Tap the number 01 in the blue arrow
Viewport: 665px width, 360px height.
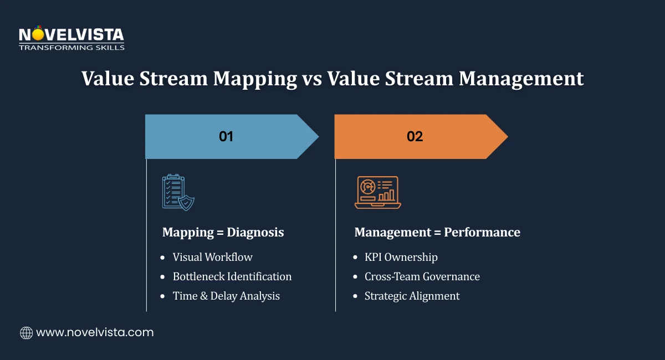(x=226, y=136)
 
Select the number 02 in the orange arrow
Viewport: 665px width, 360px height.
(x=415, y=136)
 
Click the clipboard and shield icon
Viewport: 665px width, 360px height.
(x=178, y=192)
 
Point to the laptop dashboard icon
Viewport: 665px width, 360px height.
(x=377, y=192)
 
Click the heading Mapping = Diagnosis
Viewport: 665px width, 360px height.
(x=223, y=232)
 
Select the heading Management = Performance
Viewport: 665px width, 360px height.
(x=437, y=232)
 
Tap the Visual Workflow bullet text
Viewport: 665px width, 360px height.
(x=212, y=257)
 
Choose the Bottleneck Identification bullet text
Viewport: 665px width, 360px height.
(x=232, y=276)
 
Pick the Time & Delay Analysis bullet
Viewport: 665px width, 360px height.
(x=226, y=296)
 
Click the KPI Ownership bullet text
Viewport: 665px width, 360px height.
(x=401, y=257)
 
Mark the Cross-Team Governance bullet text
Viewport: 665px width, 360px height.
(x=422, y=276)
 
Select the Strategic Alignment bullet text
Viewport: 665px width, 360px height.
(x=412, y=296)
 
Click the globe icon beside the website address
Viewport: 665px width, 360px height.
(x=26, y=332)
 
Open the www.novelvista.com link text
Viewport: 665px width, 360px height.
(x=95, y=332)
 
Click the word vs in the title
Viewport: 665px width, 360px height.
(x=311, y=79)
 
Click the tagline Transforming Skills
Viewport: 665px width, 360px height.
(x=71, y=48)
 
